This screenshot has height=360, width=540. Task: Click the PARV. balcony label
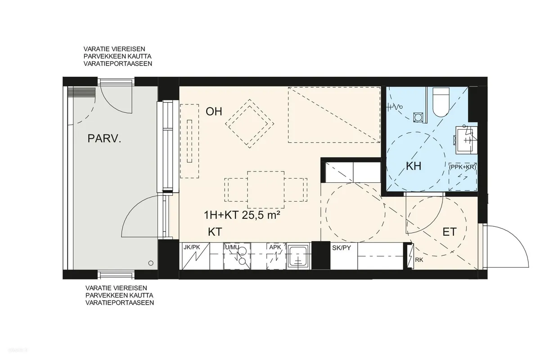click(104, 139)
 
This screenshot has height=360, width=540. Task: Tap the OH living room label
click(214, 112)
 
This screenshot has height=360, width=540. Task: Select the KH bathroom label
click(414, 166)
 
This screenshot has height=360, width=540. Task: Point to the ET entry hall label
click(450, 232)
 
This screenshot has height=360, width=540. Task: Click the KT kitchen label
click(215, 232)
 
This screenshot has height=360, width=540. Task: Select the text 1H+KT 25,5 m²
click(242, 215)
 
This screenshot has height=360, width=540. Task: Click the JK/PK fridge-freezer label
click(192, 247)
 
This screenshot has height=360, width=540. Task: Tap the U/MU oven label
click(232, 247)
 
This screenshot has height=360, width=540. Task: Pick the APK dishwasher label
click(275, 247)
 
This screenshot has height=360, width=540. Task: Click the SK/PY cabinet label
click(342, 247)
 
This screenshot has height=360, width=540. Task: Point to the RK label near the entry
click(419, 260)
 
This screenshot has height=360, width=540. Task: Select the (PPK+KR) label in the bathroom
click(463, 167)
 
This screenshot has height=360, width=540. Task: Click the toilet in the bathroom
click(441, 102)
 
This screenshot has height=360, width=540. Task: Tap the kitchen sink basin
click(298, 256)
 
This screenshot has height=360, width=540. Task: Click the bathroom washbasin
click(464, 140)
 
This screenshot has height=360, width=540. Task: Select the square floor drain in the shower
click(418, 117)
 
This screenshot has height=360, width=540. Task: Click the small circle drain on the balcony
click(151, 263)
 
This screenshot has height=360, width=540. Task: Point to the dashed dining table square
click(265, 190)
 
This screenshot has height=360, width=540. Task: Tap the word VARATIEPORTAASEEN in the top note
click(118, 63)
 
